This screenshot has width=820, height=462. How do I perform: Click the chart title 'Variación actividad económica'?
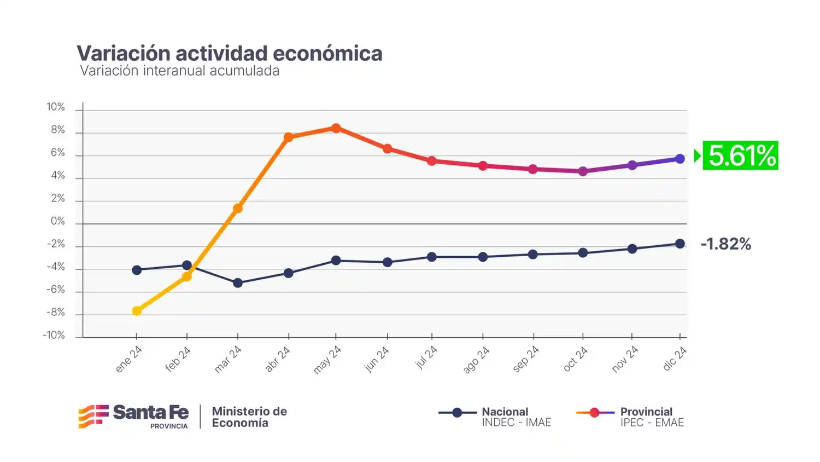coord(229,53)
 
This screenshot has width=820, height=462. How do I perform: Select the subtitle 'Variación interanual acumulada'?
coord(179,71)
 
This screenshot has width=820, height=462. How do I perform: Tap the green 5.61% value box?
coord(741,155)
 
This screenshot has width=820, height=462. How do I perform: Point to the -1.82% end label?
coord(725,244)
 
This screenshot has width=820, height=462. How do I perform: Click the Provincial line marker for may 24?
coord(336,128)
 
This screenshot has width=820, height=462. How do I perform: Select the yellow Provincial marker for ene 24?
coord(137,311)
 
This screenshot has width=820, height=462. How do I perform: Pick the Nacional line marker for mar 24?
coord(238,283)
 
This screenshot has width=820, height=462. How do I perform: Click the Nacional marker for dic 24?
coord(680,244)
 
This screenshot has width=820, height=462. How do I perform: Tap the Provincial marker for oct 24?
coord(583,171)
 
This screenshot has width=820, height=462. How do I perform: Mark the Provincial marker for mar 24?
coord(238,209)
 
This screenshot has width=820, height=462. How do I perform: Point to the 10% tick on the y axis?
coord(56,107)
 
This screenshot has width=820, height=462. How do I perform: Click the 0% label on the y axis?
coord(57,221)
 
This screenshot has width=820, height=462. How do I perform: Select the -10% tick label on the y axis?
coord(54,335)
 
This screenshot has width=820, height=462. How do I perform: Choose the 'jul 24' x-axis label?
coord(426,357)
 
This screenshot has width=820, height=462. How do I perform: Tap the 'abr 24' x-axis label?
coord(278,359)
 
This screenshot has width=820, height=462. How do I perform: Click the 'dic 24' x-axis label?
coord(675,359)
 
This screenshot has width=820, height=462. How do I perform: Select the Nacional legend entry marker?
coord(457,413)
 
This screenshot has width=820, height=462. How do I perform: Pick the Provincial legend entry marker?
coord(595,413)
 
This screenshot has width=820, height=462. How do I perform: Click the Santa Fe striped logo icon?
coord(93,417)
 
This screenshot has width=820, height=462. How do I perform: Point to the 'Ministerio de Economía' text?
coord(249,417)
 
